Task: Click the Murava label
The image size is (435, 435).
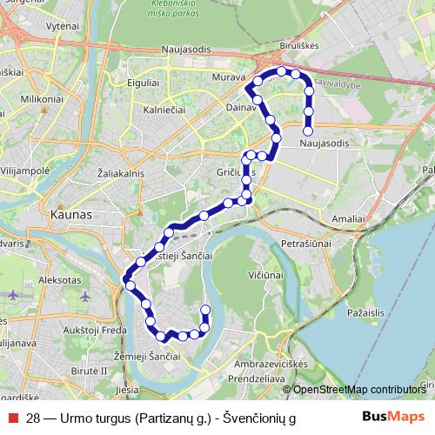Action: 226,78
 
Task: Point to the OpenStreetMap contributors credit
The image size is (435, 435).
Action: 358,389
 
